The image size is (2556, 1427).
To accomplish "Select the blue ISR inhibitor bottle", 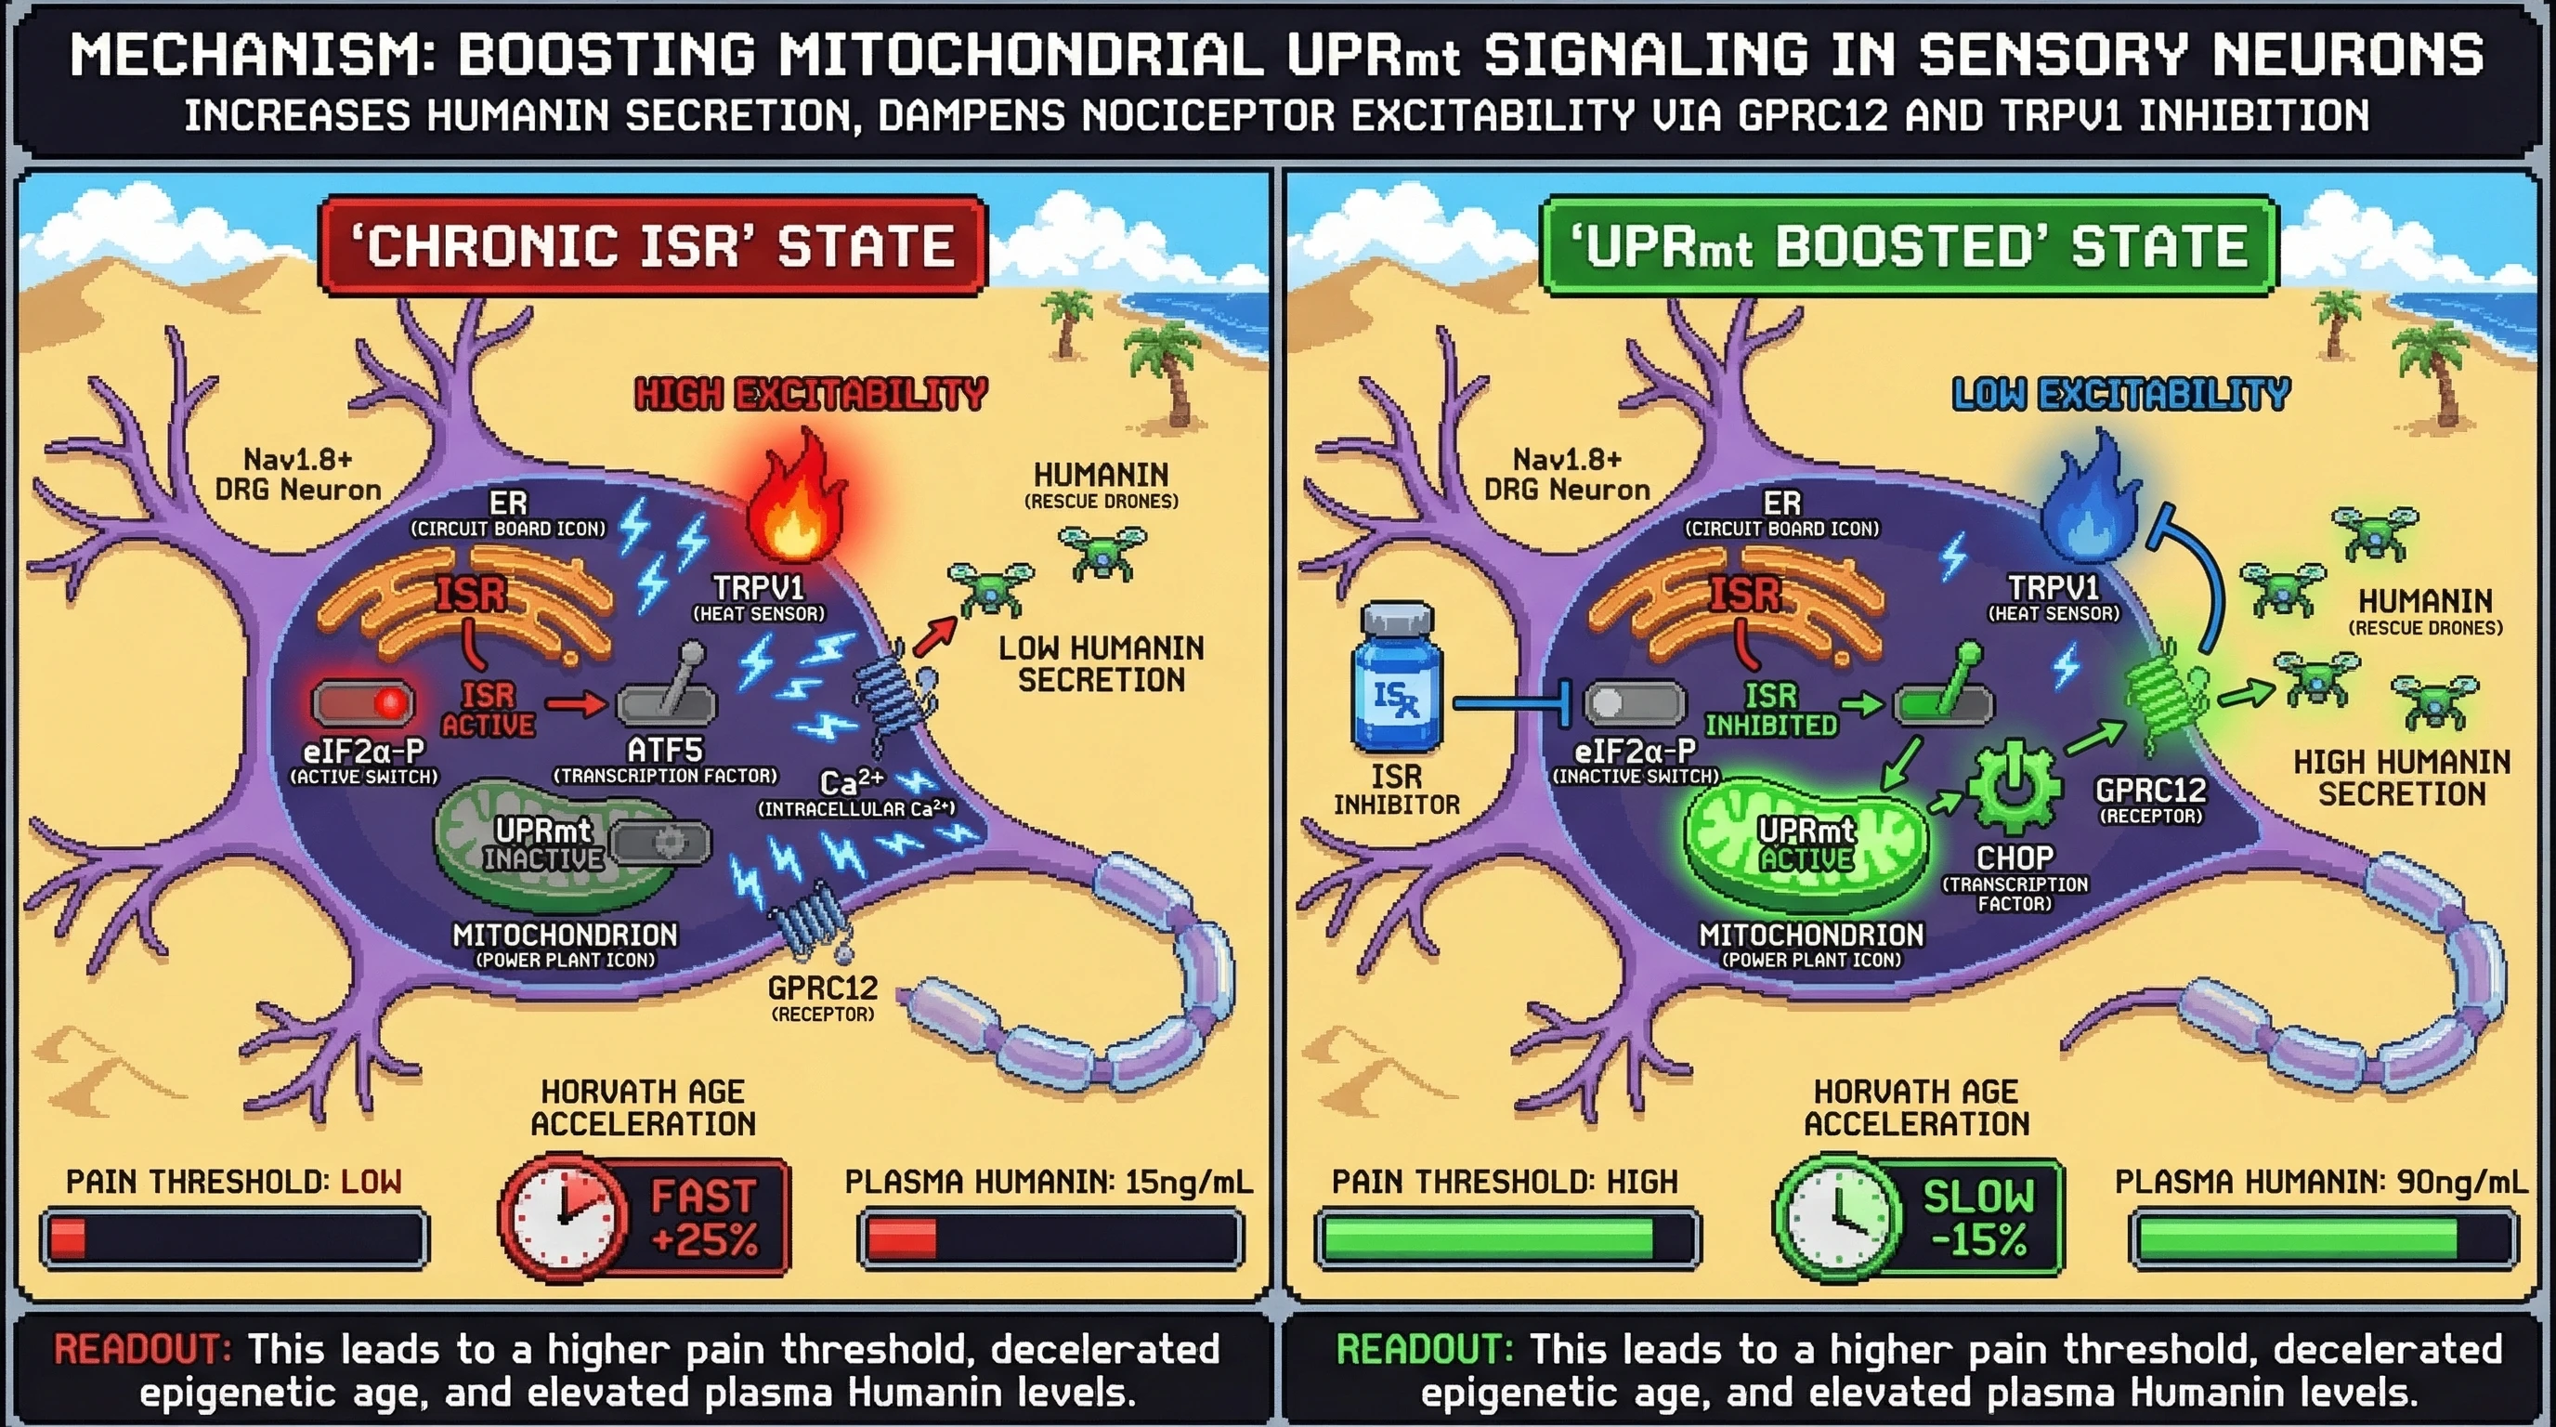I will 1397,680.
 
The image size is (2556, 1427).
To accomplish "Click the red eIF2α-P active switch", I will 363,702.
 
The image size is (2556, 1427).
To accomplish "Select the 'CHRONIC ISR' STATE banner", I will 652,246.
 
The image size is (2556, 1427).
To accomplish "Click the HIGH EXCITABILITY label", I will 811,394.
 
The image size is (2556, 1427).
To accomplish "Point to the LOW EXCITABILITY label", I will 2120,394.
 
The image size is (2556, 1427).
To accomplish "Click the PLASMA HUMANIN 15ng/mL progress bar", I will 1050,1238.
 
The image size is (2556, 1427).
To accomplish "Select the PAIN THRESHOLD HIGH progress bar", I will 1506,1238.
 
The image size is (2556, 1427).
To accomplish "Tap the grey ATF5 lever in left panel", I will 667,693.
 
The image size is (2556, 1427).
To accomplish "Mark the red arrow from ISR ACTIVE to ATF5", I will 576,704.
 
